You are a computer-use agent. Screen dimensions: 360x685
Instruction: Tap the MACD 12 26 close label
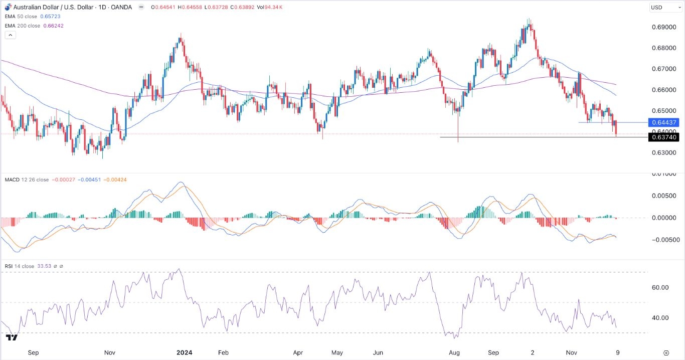tap(27, 179)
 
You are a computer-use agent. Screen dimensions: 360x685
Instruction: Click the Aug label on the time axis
tap(454, 352)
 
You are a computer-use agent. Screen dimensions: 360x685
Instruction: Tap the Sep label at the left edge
tap(33, 352)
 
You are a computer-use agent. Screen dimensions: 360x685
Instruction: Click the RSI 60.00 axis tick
tap(660, 287)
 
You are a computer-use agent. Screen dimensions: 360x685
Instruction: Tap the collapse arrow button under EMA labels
tap(10, 35)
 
